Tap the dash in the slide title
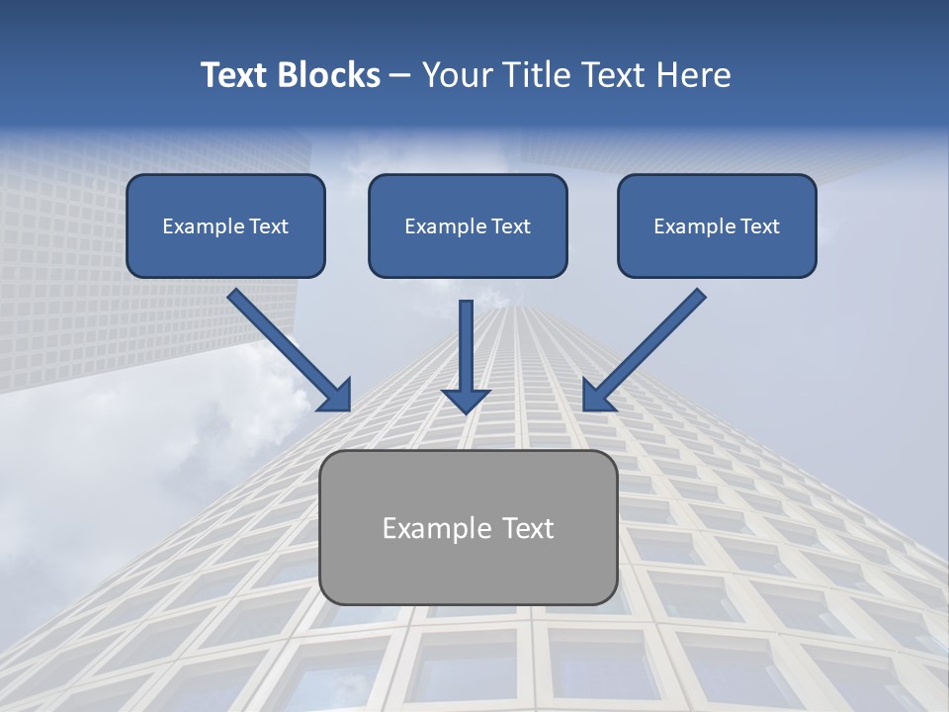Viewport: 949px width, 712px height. pos(400,76)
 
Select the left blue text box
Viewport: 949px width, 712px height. pos(225,225)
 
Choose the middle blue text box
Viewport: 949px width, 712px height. pos(468,225)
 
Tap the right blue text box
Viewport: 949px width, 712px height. pos(717,225)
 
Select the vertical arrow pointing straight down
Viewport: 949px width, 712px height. pos(467,356)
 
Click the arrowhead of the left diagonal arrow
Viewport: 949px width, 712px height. pos(336,396)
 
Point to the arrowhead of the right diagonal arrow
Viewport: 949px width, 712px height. pos(597,396)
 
